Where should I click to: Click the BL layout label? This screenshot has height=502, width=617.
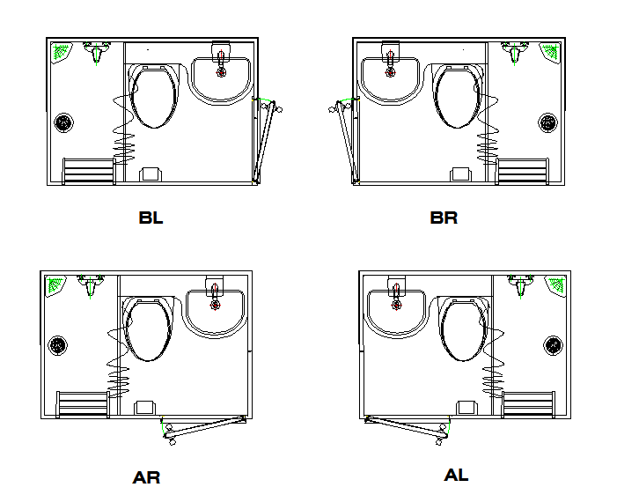[151, 218]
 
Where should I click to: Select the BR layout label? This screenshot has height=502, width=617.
[444, 218]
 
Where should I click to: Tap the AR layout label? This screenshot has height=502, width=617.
[146, 478]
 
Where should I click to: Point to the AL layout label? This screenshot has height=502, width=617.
[456, 475]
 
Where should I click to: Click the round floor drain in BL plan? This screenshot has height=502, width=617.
[63, 122]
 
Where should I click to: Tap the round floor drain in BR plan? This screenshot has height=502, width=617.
[547, 122]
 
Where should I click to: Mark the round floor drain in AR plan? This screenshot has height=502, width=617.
[58, 345]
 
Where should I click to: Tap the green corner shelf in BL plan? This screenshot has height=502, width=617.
[61, 53]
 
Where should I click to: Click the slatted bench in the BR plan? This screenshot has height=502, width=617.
[524, 171]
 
